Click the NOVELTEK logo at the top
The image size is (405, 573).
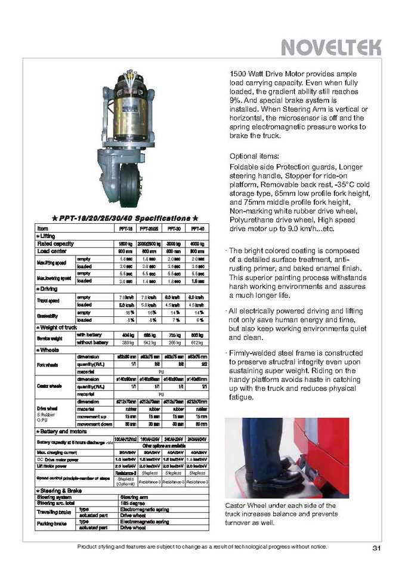coord(330,46)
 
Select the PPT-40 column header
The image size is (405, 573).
coord(197,229)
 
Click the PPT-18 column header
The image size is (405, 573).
coord(126,229)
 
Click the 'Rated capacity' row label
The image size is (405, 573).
coord(56,244)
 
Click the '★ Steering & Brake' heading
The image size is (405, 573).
coord(60,491)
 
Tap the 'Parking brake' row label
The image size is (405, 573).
coord(55,523)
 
